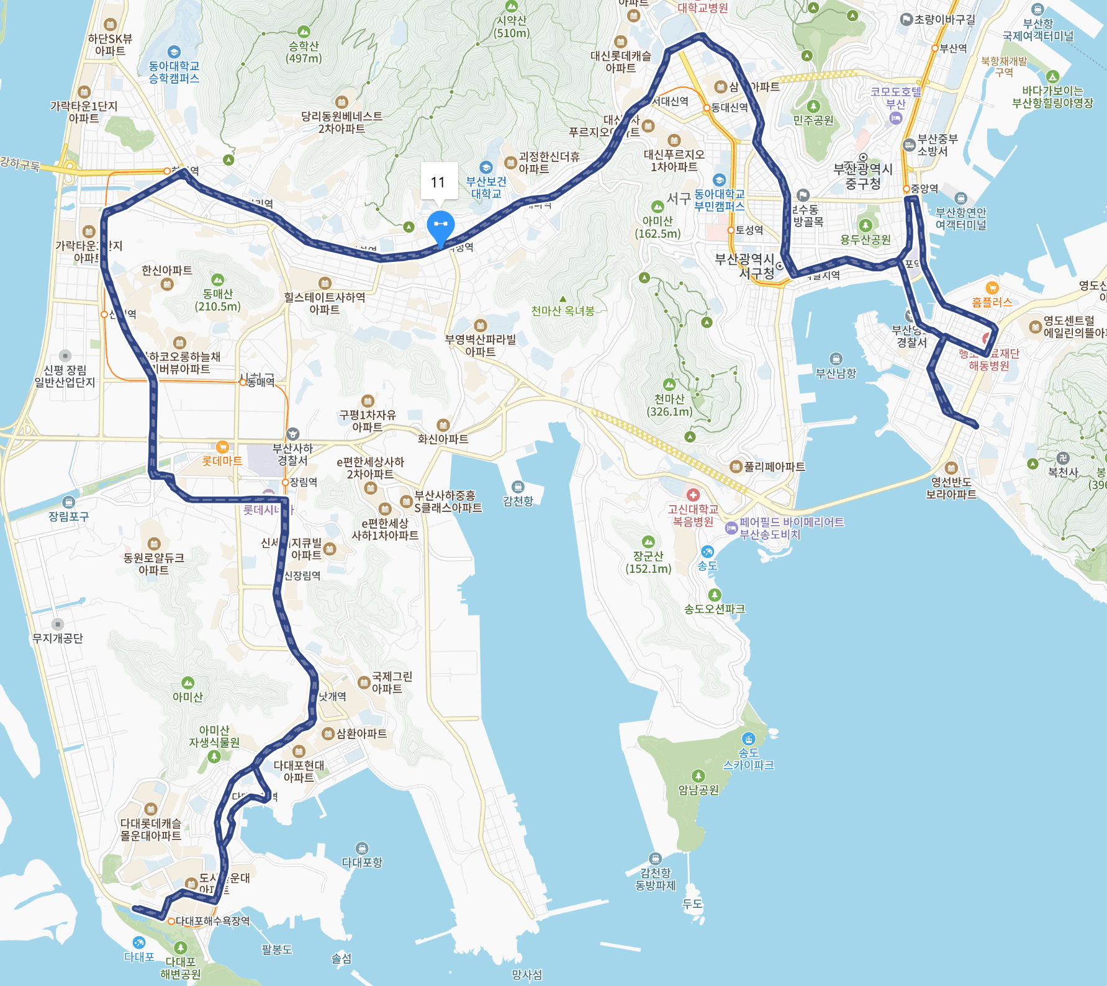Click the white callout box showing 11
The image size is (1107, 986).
click(x=439, y=182)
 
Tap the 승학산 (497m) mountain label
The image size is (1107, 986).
click(x=304, y=52)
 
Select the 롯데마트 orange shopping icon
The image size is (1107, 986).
click(x=222, y=447)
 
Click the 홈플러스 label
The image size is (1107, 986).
click(x=992, y=302)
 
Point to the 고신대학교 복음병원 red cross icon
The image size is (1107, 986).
click(x=693, y=495)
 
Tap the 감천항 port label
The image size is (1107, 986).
click(x=518, y=501)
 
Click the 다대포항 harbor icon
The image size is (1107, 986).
click(x=362, y=848)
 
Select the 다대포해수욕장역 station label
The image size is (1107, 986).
click(x=212, y=921)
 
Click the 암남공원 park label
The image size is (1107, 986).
click(x=698, y=790)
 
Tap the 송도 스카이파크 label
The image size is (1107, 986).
click(x=748, y=759)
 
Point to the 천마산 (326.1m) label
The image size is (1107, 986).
click(x=669, y=405)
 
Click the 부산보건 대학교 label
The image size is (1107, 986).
click(x=486, y=187)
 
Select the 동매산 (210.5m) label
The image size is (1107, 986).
click(x=217, y=300)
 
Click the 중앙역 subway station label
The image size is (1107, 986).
click(x=924, y=189)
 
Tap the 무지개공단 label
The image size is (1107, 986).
click(x=57, y=638)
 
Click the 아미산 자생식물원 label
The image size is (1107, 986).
click(x=214, y=736)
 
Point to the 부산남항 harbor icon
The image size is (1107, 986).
click(x=836, y=359)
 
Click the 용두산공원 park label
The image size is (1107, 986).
click(x=865, y=240)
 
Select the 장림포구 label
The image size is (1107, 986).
click(x=68, y=516)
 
